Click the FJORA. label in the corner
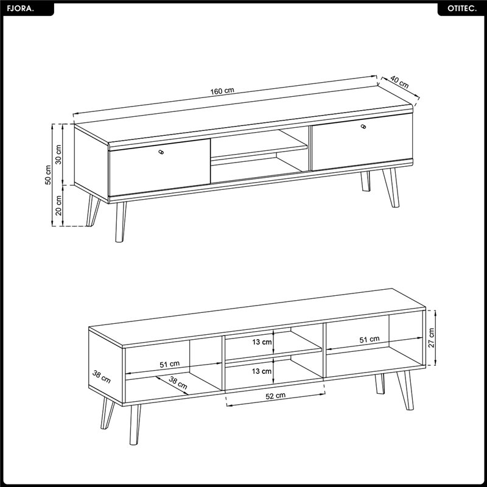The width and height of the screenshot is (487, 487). [x=20, y=9]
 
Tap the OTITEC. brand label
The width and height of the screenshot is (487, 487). [x=462, y=9]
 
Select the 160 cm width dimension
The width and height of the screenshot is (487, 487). [x=222, y=91]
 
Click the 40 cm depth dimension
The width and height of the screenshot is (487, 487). [x=399, y=82]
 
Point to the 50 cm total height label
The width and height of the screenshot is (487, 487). [x=48, y=175]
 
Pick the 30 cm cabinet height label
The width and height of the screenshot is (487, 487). [x=58, y=155]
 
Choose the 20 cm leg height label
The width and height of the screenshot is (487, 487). [x=58, y=206]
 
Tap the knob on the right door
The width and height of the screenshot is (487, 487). [x=363, y=126]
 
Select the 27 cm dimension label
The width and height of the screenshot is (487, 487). [x=431, y=338]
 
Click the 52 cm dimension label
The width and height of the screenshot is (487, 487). [x=276, y=396]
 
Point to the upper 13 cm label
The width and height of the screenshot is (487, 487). [x=262, y=342]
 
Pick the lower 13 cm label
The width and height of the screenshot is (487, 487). [x=262, y=371]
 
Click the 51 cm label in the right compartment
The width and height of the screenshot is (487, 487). [x=370, y=340]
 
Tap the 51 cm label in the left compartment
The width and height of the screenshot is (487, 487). [x=170, y=364]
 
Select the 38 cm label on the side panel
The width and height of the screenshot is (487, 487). [x=101, y=377]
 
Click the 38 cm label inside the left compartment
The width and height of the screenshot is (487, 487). [x=178, y=383]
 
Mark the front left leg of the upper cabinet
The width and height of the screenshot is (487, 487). [x=121, y=222]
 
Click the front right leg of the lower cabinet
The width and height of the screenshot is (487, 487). [x=405, y=390]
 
